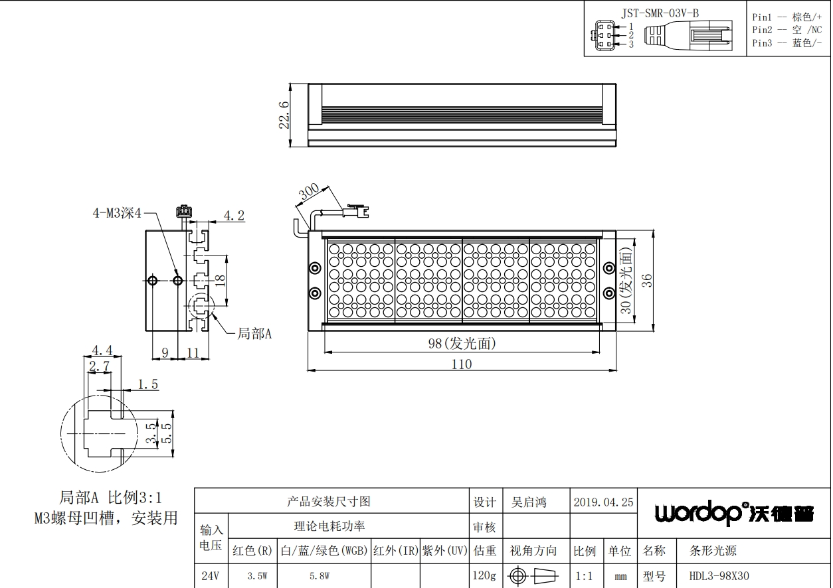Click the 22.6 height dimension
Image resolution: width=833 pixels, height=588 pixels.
(284, 115)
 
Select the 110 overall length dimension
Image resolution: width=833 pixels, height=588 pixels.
(462, 364)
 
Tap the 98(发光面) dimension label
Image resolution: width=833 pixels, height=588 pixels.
(462, 344)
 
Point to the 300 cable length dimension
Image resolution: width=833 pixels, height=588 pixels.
(309, 192)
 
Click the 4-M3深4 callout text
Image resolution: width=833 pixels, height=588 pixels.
(117, 213)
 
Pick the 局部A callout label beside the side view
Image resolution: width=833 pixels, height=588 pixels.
(254, 334)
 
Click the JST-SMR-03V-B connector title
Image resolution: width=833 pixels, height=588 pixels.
(660, 13)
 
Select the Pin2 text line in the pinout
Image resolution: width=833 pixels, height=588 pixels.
(787, 30)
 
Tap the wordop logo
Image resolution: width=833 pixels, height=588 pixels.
(734, 514)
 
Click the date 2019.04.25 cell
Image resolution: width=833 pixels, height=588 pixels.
(603, 502)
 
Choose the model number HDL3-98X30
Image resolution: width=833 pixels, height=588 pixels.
(719, 576)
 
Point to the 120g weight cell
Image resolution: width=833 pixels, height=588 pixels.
(484, 575)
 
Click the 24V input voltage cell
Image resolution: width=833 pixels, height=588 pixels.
(210, 576)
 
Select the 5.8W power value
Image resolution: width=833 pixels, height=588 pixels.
(320, 576)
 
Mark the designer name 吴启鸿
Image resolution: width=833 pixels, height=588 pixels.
(529, 502)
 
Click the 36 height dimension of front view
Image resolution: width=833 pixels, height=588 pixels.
(647, 280)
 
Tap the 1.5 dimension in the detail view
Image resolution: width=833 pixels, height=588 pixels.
(148, 384)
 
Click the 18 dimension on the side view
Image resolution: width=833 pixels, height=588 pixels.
(220, 280)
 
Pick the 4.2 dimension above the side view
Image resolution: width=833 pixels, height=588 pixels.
(234, 216)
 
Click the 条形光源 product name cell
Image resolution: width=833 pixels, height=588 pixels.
(713, 550)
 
